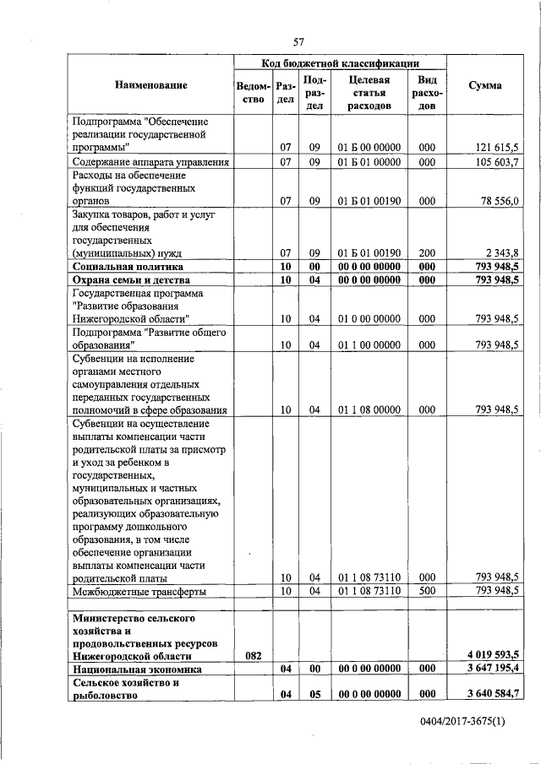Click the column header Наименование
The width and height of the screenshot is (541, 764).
pos(151,85)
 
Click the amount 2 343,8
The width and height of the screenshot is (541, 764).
pos(501,252)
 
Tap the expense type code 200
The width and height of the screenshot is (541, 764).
pos(426,252)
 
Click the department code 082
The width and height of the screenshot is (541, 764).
pos(253,655)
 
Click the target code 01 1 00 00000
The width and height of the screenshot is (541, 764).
pos(369,344)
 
